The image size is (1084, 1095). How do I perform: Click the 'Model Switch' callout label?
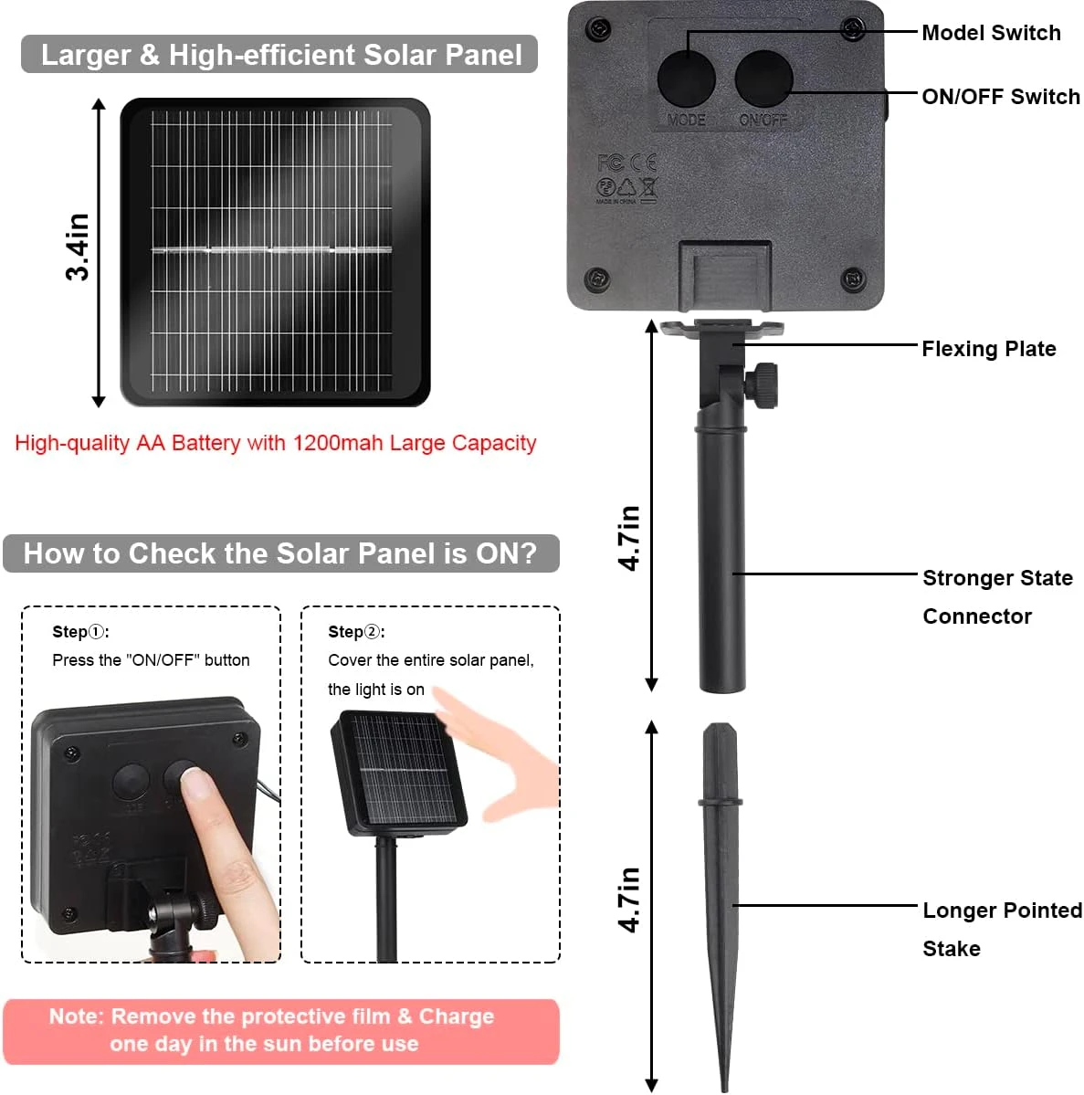[991, 33]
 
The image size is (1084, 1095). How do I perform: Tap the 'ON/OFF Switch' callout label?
[1001, 97]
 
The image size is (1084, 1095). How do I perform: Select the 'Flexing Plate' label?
[989, 349]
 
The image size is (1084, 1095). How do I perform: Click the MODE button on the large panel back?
[686, 78]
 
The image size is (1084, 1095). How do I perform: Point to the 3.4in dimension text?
[79, 247]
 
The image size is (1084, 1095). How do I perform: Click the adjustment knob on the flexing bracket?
[762, 384]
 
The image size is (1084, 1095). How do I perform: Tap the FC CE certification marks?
[626, 163]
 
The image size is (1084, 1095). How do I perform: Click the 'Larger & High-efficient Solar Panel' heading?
[280, 55]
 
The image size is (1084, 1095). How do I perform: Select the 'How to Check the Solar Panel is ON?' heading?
[280, 553]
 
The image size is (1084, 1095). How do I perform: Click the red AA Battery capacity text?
[275, 443]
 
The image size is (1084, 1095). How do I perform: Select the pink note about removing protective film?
[280, 1031]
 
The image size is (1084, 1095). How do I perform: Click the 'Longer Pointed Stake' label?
[1003, 929]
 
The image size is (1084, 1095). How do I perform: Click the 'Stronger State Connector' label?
[997, 597]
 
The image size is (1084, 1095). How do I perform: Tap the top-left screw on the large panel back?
[598, 30]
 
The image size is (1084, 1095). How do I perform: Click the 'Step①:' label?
[80, 632]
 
